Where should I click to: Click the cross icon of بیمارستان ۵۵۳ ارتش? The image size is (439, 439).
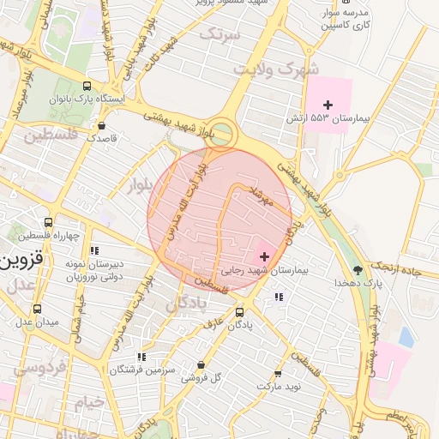point(328,104)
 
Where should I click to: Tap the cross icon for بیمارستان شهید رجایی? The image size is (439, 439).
point(263,256)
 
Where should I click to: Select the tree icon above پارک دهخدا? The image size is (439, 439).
point(370,269)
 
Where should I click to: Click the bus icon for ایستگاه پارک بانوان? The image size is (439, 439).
point(87,86)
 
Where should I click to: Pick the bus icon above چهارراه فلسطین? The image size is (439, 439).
point(59,222)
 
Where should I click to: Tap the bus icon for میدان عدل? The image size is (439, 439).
point(36,309)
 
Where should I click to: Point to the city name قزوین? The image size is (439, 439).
point(23,259)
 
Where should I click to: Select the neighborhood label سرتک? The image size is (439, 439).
point(219,33)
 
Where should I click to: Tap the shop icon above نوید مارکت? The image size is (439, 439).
point(277,374)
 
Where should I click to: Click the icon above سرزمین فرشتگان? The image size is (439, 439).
point(141,356)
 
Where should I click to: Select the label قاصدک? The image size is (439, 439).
point(107,137)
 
